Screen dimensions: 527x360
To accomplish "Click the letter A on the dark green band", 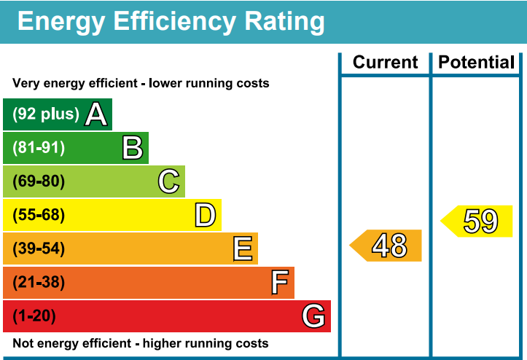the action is [96, 114].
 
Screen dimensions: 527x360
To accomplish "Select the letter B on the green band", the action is [133, 147].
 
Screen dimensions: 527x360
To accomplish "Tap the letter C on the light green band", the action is [168, 181].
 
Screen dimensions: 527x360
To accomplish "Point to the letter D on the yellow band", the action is [206, 215].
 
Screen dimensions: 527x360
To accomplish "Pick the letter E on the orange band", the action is [243, 249].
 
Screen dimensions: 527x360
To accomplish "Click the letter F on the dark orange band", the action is [280, 282].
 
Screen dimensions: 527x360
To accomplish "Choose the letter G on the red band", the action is [313, 316].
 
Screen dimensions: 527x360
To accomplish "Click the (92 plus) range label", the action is [46, 114].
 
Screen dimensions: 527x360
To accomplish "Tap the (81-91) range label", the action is [39, 147].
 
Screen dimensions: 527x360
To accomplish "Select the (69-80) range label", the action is [39, 181].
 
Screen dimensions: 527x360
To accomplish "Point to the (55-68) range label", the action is [39, 215].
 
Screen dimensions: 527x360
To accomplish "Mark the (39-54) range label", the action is [39, 249].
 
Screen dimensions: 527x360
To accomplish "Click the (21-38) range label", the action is [39, 282].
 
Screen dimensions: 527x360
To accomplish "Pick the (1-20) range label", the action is [34, 316].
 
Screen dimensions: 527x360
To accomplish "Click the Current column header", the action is [385, 62].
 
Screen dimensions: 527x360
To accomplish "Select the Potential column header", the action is [476, 62].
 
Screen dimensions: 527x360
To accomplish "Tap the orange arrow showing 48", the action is [386, 246].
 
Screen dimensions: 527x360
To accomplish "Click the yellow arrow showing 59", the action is [476, 222].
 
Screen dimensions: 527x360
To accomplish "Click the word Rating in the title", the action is [284, 22].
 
